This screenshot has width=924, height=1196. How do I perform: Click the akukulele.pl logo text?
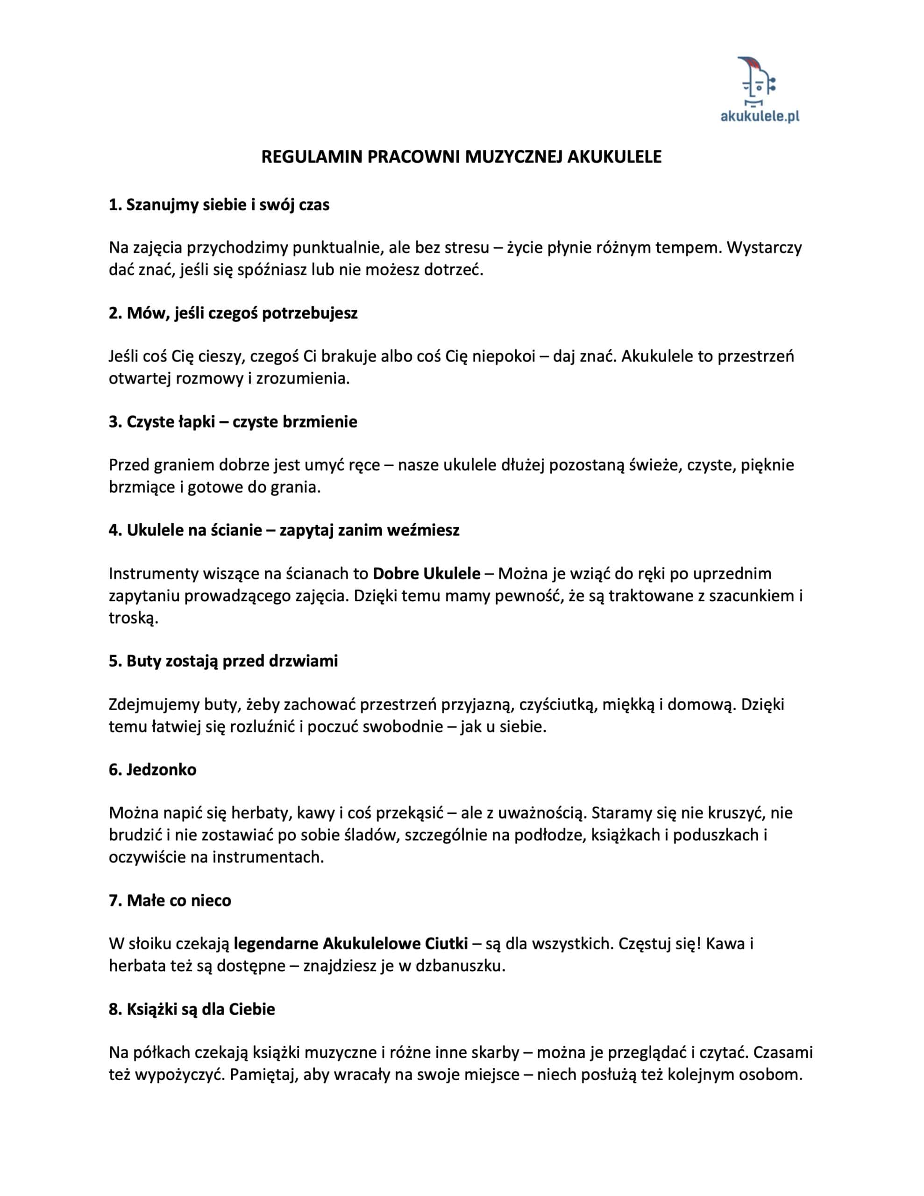(759, 115)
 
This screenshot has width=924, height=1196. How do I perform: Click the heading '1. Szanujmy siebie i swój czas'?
(219, 205)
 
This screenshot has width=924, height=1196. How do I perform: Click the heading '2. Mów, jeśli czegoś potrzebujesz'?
(233, 313)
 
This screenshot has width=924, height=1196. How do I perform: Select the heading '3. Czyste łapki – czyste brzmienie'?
(233, 422)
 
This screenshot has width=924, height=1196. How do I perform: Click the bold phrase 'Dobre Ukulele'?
(426, 574)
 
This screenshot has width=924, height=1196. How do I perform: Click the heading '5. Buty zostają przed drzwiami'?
(223, 661)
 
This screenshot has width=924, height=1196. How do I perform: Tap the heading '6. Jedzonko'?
(152, 769)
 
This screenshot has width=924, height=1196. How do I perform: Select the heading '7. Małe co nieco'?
(170, 900)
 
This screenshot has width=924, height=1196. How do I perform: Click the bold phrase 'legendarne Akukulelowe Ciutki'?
(350, 944)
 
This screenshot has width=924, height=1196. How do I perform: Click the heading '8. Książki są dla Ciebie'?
(192, 1009)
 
